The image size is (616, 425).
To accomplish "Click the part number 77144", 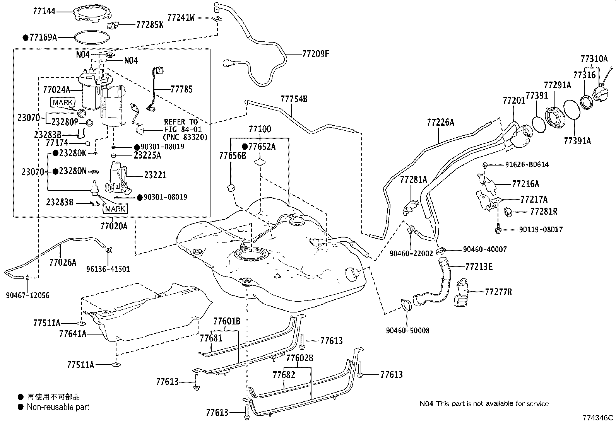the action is (44, 11).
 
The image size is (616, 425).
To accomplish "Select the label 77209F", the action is (315, 54).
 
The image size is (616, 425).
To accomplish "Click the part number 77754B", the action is (294, 99).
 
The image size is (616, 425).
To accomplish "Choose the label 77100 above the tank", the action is (260, 129).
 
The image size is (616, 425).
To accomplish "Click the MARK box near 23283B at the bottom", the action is (115, 209).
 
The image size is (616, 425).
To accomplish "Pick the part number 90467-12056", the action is (28, 295).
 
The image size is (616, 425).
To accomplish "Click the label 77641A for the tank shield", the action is (73, 334).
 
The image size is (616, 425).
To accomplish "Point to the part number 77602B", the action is (299, 358).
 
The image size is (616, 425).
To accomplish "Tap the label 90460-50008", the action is (407, 330).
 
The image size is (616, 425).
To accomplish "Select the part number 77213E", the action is (479, 267).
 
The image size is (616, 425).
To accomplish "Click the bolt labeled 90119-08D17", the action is (498, 229).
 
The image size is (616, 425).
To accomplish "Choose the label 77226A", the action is (441, 122).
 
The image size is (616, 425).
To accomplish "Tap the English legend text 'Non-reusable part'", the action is (58, 407).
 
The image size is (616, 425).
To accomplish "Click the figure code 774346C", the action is (598, 418).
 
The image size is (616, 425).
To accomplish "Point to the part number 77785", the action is (181, 89).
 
